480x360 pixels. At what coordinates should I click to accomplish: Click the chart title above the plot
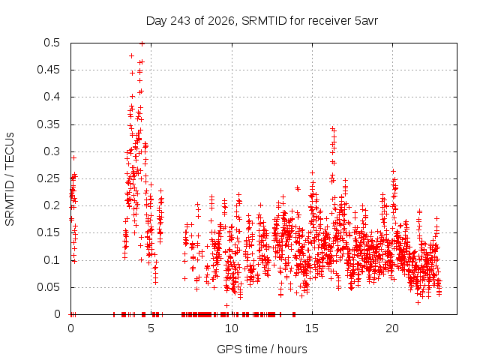pyautogui.click(x=262, y=21)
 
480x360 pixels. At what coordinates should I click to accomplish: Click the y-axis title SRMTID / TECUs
pyautogui.click(x=10, y=179)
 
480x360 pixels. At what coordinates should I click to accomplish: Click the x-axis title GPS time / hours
pyautogui.click(x=262, y=349)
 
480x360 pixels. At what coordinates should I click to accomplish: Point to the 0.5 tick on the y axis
pyautogui.click(x=52, y=43)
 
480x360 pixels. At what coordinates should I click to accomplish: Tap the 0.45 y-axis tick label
pyautogui.click(x=48, y=70)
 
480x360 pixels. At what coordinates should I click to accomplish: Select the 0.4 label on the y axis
pyautogui.click(x=52, y=97)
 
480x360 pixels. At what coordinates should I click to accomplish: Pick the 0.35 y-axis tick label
pyautogui.click(x=48, y=124)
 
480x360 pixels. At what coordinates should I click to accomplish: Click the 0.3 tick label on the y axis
pyautogui.click(x=52, y=151)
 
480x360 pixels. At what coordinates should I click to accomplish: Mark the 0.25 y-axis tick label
pyautogui.click(x=48, y=178)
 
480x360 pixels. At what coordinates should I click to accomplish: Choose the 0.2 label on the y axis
pyautogui.click(x=52, y=205)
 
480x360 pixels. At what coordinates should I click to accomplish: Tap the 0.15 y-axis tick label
pyautogui.click(x=48, y=232)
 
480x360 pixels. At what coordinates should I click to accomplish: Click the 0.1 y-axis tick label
pyautogui.click(x=52, y=260)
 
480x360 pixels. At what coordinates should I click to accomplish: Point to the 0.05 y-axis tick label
pyautogui.click(x=48, y=287)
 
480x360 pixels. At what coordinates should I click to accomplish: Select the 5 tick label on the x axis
pyautogui.click(x=151, y=328)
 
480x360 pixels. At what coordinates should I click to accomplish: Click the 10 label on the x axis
pyautogui.click(x=232, y=328)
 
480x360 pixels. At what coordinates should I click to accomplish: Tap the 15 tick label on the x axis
pyautogui.click(x=312, y=328)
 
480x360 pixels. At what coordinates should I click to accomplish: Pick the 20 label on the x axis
pyautogui.click(x=392, y=328)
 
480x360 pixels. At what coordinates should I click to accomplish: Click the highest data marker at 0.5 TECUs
pyautogui.click(x=142, y=43)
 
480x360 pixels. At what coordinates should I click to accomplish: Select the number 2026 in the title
pyautogui.click(x=222, y=21)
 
